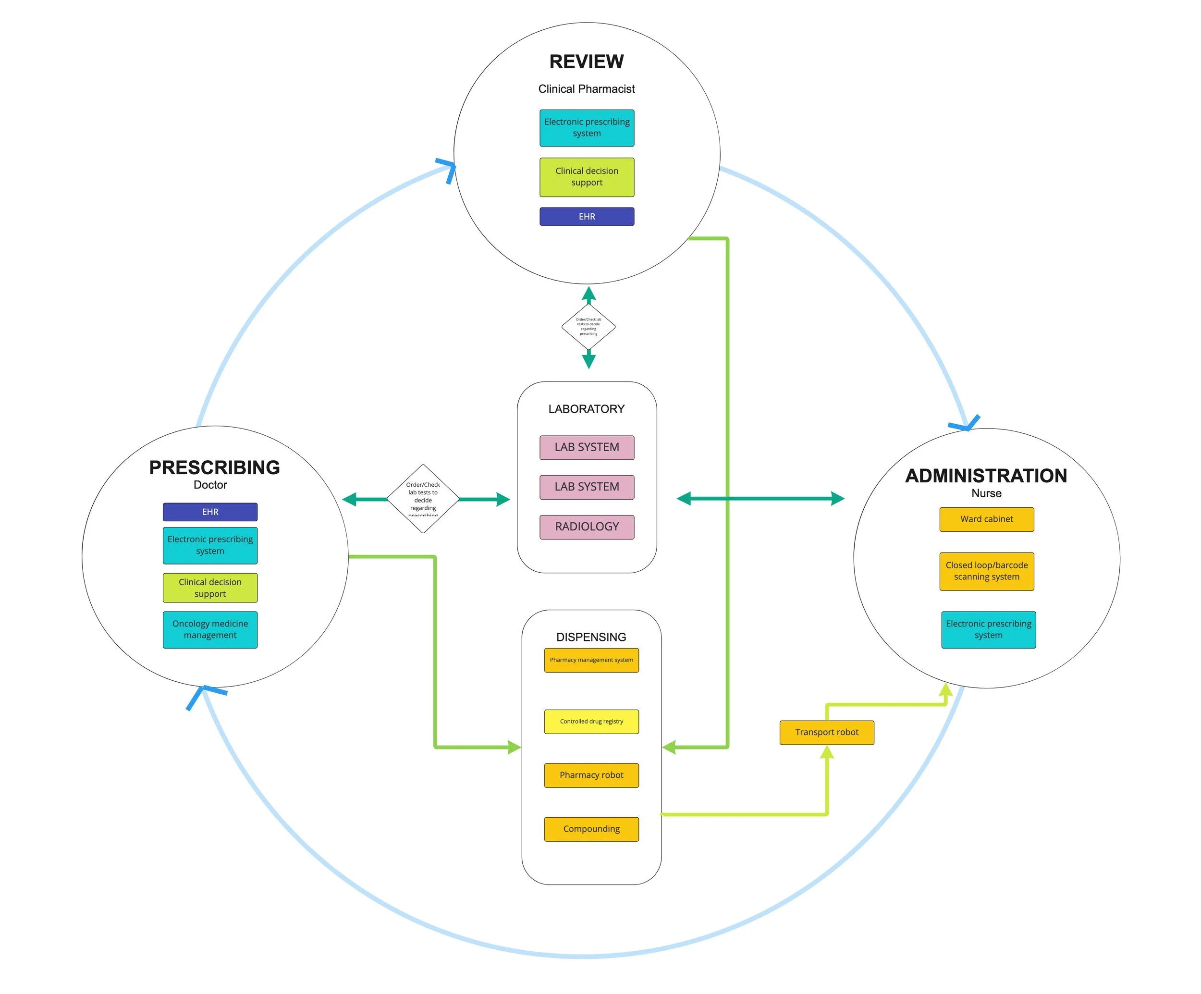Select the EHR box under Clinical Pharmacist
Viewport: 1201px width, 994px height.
(587, 217)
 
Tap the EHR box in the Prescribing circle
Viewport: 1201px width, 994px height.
(210, 512)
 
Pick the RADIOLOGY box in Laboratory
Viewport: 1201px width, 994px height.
(587, 527)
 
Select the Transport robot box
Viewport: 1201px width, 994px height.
(826, 733)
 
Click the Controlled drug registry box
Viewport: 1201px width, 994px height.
(591, 722)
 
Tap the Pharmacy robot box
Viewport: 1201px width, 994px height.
(591, 775)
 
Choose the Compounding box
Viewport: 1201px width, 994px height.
(591, 829)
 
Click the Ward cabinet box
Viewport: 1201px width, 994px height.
(987, 519)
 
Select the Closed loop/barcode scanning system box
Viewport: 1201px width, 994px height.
(987, 571)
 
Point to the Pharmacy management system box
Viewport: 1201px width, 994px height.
(591, 660)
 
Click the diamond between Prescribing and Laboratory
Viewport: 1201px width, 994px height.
(423, 499)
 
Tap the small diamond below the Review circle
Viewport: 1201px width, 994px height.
(588, 327)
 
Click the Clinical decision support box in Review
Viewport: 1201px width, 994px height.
(587, 177)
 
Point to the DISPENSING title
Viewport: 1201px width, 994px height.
(591, 637)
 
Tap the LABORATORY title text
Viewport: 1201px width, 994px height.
(586, 409)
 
